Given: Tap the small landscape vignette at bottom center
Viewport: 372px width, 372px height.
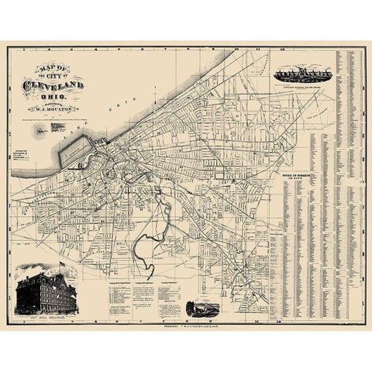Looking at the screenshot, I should (205, 303).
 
